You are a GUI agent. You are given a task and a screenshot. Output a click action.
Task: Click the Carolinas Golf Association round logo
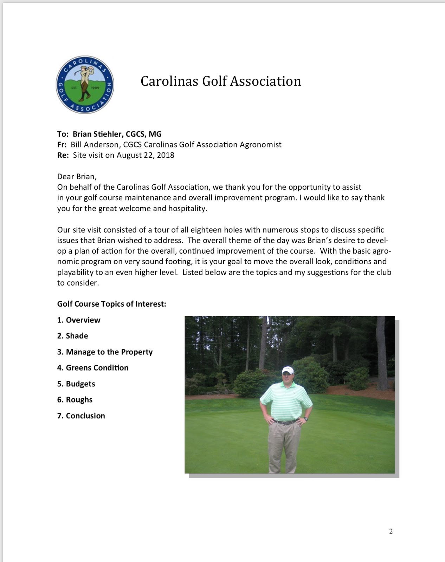point(85,85)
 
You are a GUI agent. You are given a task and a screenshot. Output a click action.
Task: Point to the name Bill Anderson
point(94,144)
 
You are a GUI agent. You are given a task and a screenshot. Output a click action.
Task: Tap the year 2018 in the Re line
point(166,155)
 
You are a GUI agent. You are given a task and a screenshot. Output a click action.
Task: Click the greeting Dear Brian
point(77,176)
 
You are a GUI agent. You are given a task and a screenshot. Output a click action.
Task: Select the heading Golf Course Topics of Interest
point(111,304)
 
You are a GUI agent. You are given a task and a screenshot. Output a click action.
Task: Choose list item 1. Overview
point(79,320)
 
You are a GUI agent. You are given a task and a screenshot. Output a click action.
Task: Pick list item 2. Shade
point(73,336)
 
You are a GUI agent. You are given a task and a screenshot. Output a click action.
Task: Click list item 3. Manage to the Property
point(105,352)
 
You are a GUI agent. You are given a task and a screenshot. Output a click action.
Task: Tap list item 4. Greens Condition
point(93,368)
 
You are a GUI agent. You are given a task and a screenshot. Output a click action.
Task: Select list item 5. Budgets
point(76,384)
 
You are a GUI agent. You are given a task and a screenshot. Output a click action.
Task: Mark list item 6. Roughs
point(75,400)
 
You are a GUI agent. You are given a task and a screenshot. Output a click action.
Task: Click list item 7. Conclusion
point(81,416)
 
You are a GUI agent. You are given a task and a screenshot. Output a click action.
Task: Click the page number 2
point(391,531)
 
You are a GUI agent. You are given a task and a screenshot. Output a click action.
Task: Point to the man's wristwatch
point(306,419)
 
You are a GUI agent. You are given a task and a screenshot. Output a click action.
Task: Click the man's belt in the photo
point(284,422)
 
